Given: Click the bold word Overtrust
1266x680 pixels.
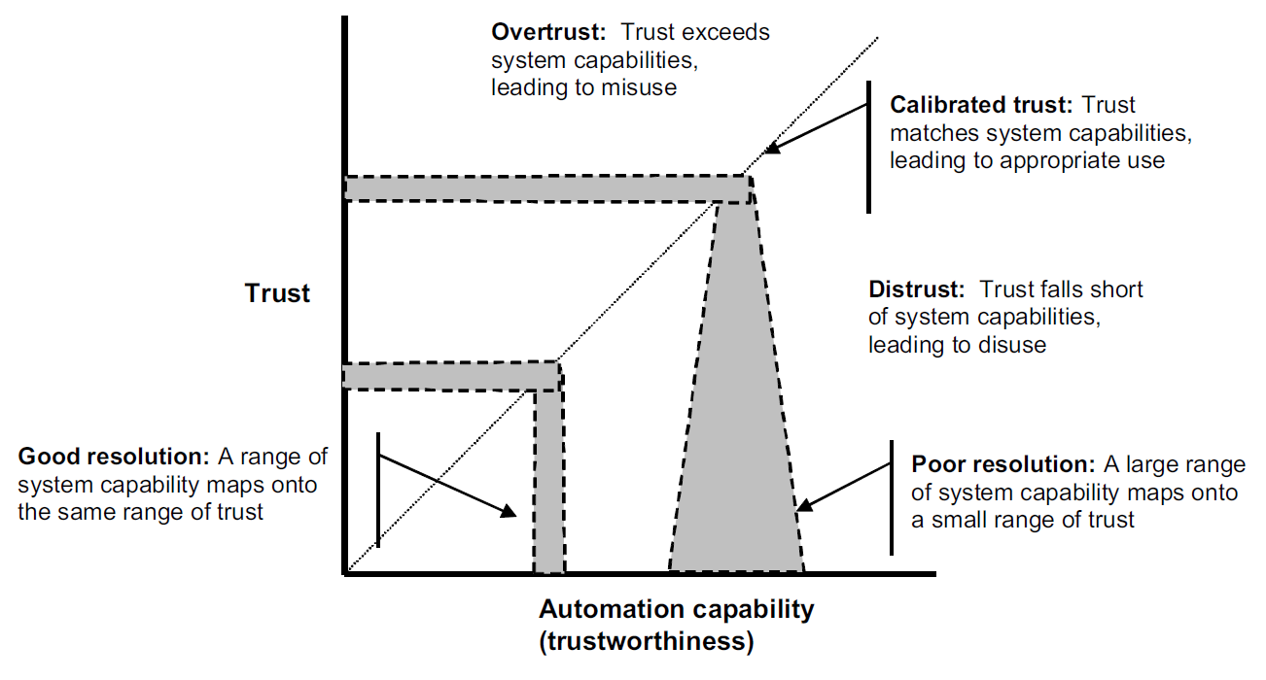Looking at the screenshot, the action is pyautogui.click(x=548, y=32).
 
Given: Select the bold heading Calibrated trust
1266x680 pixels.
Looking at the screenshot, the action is pyautogui.click(x=981, y=105).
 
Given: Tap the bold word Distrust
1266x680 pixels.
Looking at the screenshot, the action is pyautogui.click(x=916, y=289).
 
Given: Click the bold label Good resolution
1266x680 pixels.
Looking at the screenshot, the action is pyautogui.click(x=114, y=457).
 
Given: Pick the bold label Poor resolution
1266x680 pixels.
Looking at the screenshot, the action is pyautogui.click(x=1003, y=464).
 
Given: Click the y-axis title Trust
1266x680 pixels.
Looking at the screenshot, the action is pyautogui.click(x=277, y=293).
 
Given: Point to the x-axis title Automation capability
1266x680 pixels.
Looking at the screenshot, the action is pyautogui.click(x=677, y=609).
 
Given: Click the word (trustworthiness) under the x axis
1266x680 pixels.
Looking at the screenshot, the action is pyautogui.click(x=647, y=641).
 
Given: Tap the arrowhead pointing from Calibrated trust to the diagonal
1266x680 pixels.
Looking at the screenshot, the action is pyautogui.click(x=773, y=148).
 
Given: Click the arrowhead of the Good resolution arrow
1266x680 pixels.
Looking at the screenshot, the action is pyautogui.click(x=509, y=511).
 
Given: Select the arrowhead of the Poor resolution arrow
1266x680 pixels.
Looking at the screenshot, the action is pyautogui.click(x=804, y=504).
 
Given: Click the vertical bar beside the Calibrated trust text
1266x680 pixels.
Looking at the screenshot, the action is pyautogui.click(x=868, y=147).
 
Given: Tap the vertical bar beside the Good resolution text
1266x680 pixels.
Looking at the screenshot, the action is pyautogui.click(x=378, y=491).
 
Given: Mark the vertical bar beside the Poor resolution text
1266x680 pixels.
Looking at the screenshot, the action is pyautogui.click(x=892, y=497).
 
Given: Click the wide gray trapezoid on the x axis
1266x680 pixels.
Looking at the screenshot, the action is pyautogui.click(x=736, y=395).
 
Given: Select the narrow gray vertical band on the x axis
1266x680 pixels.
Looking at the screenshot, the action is pyautogui.click(x=548, y=480).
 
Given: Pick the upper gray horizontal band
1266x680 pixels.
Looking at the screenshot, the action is pyautogui.click(x=548, y=188).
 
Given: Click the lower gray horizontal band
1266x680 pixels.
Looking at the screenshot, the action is pyautogui.click(x=452, y=376).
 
